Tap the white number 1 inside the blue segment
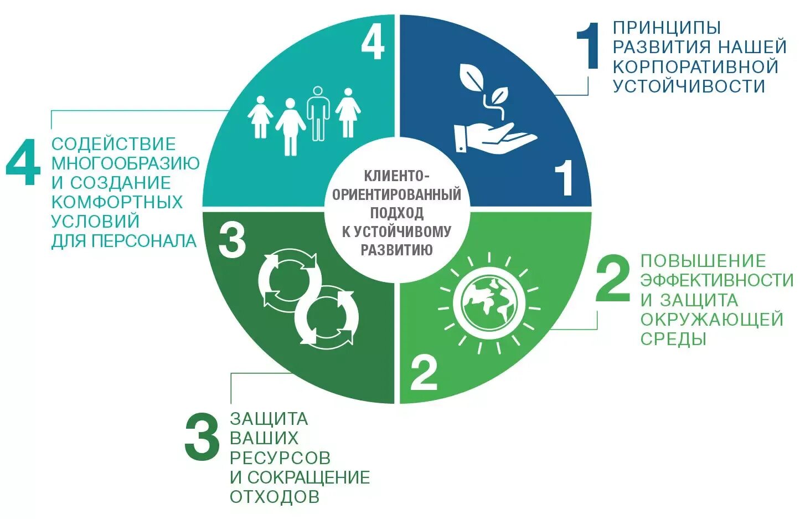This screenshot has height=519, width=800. click(564, 178)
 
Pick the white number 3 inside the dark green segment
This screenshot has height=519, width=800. click(232, 240)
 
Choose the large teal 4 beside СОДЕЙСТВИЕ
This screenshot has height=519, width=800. click(23, 162)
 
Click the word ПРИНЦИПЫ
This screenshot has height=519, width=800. click(667, 27)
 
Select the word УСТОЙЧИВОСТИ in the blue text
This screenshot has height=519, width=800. click(689, 86)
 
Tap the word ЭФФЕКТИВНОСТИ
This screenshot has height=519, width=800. click(717, 280)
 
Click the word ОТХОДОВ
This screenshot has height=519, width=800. click(275, 496)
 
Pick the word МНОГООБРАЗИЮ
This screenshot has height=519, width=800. click(126, 163)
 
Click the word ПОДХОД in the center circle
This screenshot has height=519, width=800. click(396, 213)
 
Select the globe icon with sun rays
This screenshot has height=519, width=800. click(489, 304)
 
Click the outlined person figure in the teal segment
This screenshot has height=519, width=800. click(318, 114)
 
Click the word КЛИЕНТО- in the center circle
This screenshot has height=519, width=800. click(396, 176)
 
